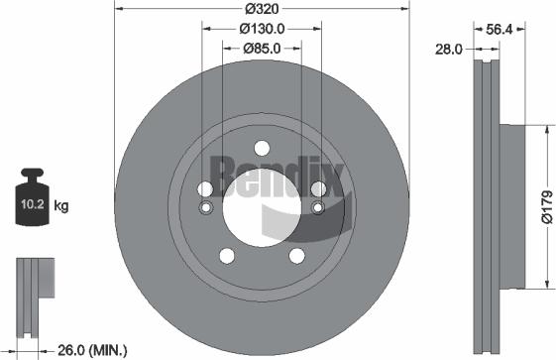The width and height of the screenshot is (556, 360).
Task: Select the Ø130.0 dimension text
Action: [x=262, y=29]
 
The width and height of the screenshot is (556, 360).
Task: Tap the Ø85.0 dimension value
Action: [x=262, y=48]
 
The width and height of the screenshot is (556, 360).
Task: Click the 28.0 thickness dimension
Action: [x=450, y=49]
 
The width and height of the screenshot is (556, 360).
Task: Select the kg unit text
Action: [x=61, y=207]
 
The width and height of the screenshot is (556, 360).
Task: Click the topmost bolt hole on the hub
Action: [x=262, y=149]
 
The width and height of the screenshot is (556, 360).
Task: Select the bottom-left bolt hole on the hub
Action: [x=227, y=257]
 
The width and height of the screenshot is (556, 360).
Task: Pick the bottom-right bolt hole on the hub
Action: [x=296, y=257]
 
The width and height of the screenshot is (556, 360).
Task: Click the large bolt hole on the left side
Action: [x=205, y=189]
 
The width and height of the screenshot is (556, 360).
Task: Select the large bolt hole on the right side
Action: [x=318, y=189]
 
